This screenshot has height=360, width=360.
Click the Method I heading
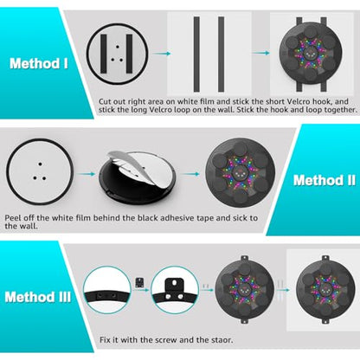[39, 63]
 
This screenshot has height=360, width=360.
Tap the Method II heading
[325, 180]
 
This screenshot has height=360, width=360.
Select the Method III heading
[38, 297]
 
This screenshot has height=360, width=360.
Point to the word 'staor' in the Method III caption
[222, 340]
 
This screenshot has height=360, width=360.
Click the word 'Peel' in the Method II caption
[13, 218]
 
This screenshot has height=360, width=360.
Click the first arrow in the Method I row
[162, 54]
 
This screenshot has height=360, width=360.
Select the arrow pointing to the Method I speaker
[260, 53]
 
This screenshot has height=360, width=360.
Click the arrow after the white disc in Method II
[86, 174]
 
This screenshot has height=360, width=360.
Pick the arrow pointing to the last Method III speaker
[284, 290]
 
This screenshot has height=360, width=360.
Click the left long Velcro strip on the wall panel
[196, 55]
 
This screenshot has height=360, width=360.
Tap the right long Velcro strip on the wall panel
[221, 55]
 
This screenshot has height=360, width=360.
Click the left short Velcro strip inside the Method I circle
[104, 54]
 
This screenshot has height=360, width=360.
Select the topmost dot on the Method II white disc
[40, 164]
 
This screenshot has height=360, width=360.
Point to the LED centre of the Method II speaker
[240, 173]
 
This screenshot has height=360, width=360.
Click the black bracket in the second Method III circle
[175, 290]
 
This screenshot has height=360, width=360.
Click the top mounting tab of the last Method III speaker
[325, 258]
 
